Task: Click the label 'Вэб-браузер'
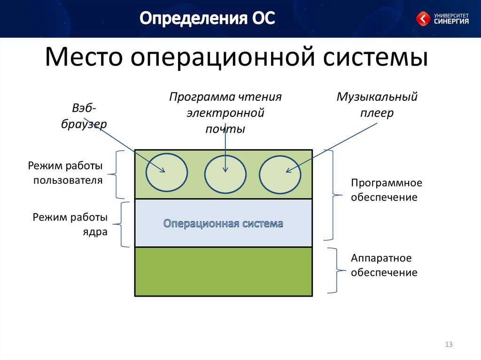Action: [84, 116]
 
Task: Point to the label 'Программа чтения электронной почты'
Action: [225, 113]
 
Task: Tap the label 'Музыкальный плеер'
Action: [377, 105]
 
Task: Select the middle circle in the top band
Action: [225, 174]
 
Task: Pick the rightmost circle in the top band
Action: [280, 174]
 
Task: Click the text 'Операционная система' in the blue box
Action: [223, 223]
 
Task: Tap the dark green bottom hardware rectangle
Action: [223, 272]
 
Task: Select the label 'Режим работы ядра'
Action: [70, 224]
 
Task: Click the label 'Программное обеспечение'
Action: [384, 190]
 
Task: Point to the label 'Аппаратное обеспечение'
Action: [384, 265]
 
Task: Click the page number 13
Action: [448, 345]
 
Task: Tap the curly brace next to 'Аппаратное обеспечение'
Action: [334, 271]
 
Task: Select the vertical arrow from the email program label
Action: [225, 150]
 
